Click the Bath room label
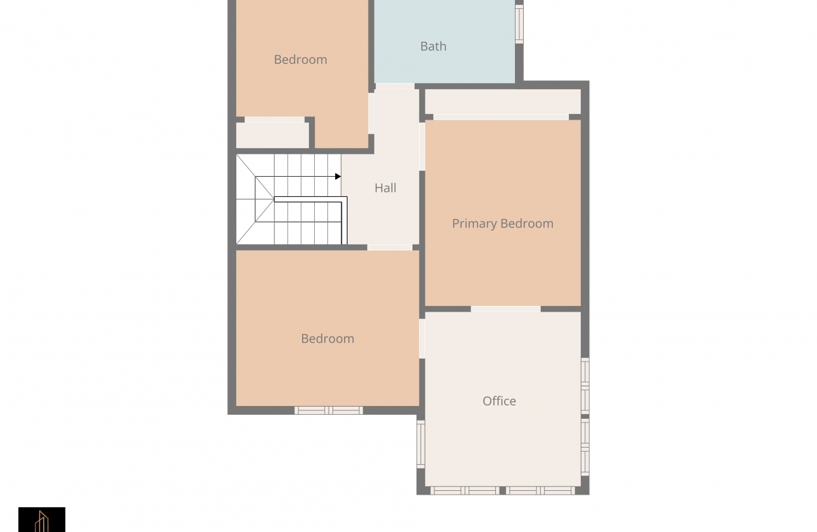433,46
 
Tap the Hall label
385,188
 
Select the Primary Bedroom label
503,224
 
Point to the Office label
499,401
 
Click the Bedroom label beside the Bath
300,60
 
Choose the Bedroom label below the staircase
327,339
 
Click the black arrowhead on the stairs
338,177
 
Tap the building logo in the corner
42,519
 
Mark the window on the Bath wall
519,23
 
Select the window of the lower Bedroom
329,410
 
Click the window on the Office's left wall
421,444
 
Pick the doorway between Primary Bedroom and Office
505,309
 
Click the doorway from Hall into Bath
395,86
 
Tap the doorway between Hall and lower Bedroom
389,247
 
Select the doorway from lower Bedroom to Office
422,339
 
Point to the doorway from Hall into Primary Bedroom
422,146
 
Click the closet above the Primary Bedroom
503,102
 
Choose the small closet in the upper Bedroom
272,136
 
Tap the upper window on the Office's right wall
585,386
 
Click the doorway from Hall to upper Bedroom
371,113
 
